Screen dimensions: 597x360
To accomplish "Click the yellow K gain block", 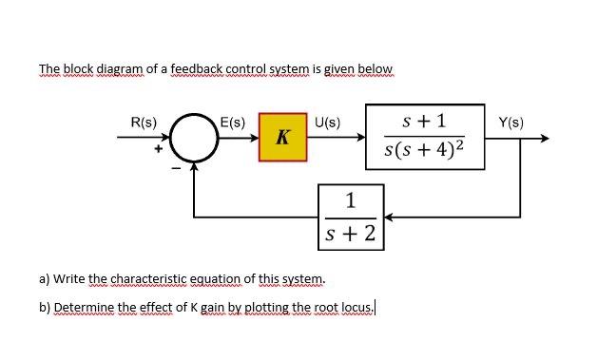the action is point(281,139).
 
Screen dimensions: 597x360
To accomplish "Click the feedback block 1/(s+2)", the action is point(352,216).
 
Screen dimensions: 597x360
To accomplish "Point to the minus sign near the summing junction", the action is point(174,169).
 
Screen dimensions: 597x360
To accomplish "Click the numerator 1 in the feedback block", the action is point(352,199).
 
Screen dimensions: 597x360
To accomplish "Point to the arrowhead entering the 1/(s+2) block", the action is point(389,216).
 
